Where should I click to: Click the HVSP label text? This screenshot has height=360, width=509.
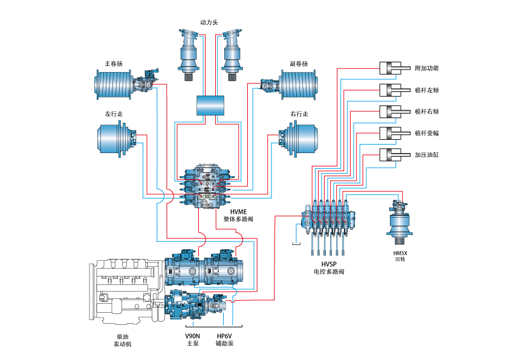(x=329, y=264)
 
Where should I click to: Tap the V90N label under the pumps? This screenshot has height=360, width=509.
(x=192, y=335)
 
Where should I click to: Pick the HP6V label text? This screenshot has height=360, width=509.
(x=224, y=335)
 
